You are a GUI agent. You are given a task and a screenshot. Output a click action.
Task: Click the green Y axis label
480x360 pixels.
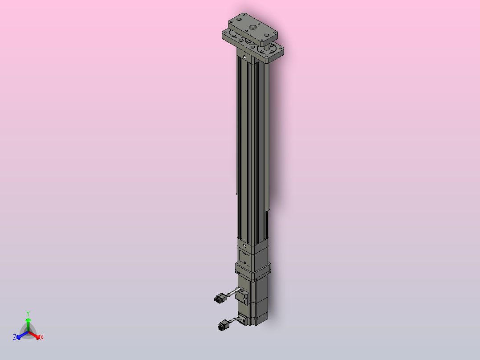(x=28, y=313)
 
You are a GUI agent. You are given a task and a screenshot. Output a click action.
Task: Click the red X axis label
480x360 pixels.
(x=42, y=338)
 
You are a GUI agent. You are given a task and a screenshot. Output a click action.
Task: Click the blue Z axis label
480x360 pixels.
(x=15, y=337)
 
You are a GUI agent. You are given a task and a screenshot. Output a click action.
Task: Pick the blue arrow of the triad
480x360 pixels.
(x=20, y=335)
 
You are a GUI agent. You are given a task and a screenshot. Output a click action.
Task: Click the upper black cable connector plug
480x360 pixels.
(x=220, y=298)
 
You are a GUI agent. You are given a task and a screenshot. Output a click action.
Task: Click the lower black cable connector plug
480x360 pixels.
(x=224, y=326)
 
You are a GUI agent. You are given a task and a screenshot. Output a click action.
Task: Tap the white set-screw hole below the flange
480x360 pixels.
(x=244, y=57)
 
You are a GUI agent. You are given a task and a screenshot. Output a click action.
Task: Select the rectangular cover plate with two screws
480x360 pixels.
(x=245, y=258)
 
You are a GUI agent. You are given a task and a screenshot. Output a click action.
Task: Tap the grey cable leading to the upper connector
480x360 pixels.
(x=232, y=292)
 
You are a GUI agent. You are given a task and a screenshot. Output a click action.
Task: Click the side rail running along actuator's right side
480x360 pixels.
(x=267, y=134)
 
